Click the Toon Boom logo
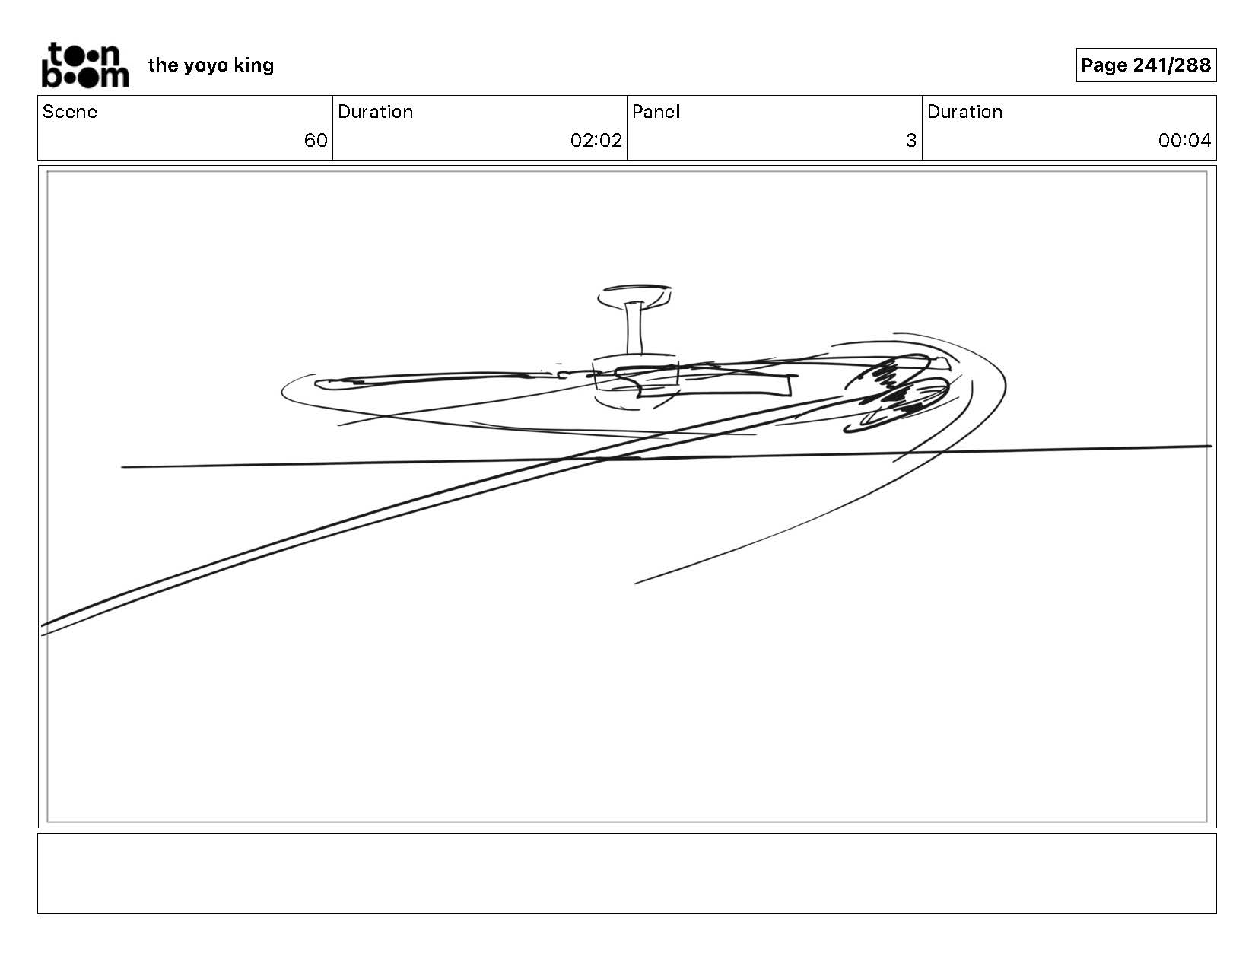(84, 65)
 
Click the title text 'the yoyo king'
(211, 65)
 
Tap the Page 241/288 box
(1145, 65)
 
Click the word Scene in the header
(70, 112)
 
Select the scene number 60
(316, 141)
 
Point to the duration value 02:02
(596, 141)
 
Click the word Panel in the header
(656, 112)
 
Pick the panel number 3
(910, 141)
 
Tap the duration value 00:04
(1184, 141)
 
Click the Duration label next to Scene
(375, 112)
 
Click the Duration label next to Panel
(964, 112)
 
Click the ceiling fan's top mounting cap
(634, 294)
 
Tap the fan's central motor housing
(636, 380)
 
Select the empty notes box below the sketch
(627, 873)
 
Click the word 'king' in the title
(254, 65)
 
